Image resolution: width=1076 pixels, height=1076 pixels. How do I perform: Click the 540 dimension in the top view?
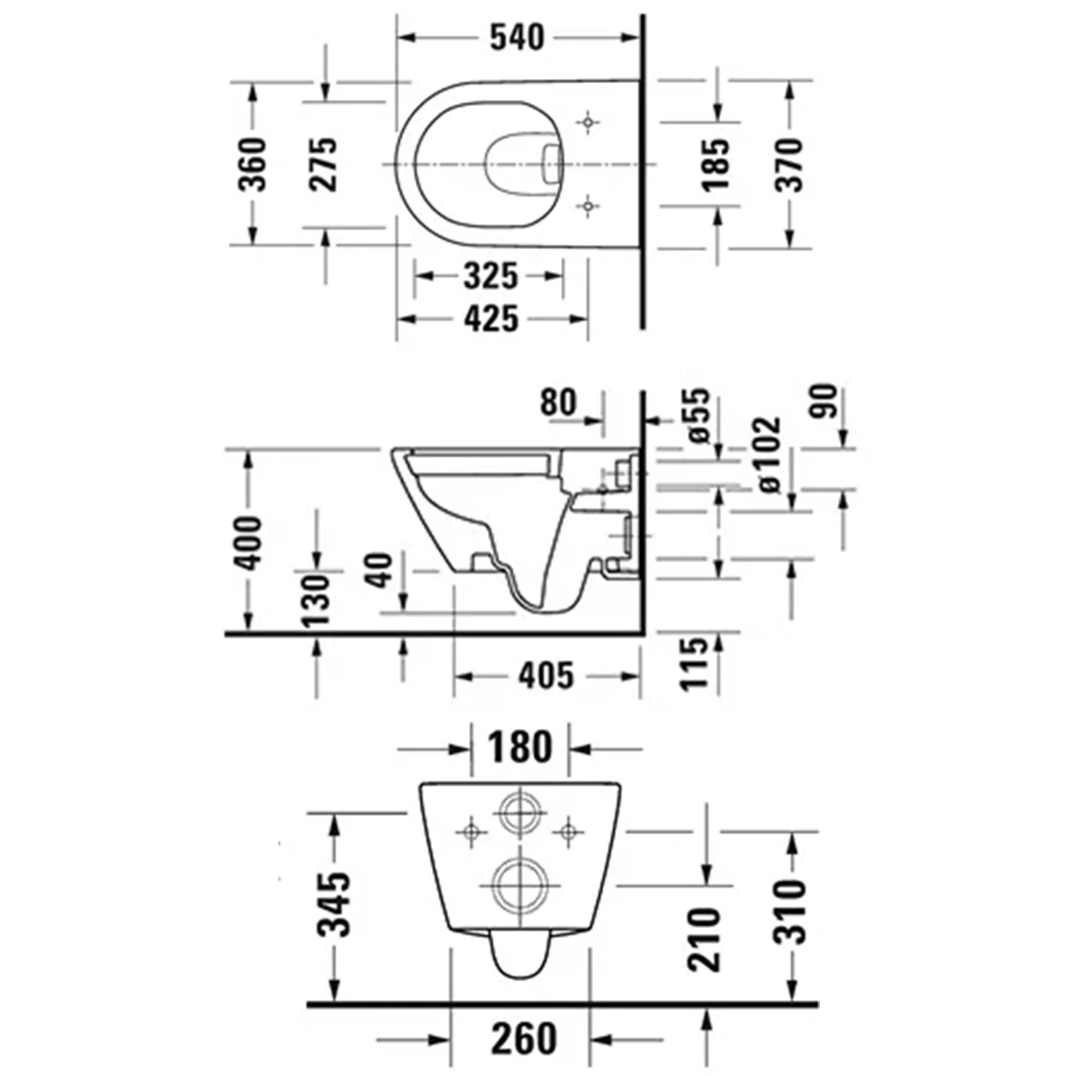516,37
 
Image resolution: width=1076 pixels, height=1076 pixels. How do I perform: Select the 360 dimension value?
253,165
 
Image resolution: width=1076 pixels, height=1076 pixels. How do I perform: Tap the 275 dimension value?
323,165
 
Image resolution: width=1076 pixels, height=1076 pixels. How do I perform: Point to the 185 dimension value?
716,166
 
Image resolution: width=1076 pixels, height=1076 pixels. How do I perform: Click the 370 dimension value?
789,165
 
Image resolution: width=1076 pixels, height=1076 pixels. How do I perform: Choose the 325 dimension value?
491,276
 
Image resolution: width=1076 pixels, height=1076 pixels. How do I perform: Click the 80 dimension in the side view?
558,402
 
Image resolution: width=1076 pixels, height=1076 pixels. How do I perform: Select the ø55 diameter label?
695,415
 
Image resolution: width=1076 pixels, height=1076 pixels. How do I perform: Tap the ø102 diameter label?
767,454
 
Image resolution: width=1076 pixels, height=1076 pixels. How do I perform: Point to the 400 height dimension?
250,542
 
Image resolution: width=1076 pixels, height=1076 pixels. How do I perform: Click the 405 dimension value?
546,676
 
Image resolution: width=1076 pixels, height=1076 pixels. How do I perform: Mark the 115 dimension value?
694,664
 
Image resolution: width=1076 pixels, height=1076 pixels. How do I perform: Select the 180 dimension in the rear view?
520,747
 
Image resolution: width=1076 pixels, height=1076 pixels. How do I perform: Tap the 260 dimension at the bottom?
524,1039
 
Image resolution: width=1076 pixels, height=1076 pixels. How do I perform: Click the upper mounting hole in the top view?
588,123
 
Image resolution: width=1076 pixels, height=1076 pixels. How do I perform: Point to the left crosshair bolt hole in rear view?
471,832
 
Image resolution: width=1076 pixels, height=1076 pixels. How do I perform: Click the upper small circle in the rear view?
521,813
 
